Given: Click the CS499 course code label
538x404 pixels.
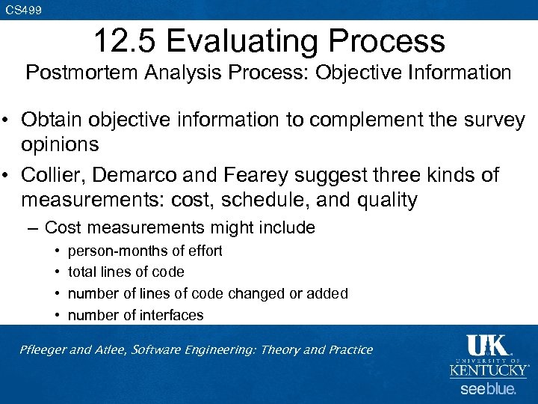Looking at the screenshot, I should tap(23, 10).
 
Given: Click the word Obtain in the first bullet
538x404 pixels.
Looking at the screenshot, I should tap(52, 120).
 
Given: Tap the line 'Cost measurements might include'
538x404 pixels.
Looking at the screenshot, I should tap(179, 227).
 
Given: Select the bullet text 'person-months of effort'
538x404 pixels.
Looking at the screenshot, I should tap(145, 251).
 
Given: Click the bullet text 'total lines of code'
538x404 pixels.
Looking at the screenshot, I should tap(126, 272).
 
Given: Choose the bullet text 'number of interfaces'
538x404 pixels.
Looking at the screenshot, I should tap(135, 315).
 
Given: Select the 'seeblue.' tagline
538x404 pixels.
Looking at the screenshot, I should tap(487, 389).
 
